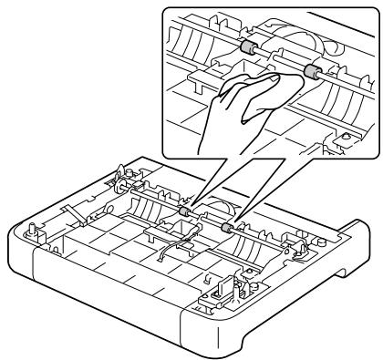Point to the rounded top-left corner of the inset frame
point(164,13)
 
